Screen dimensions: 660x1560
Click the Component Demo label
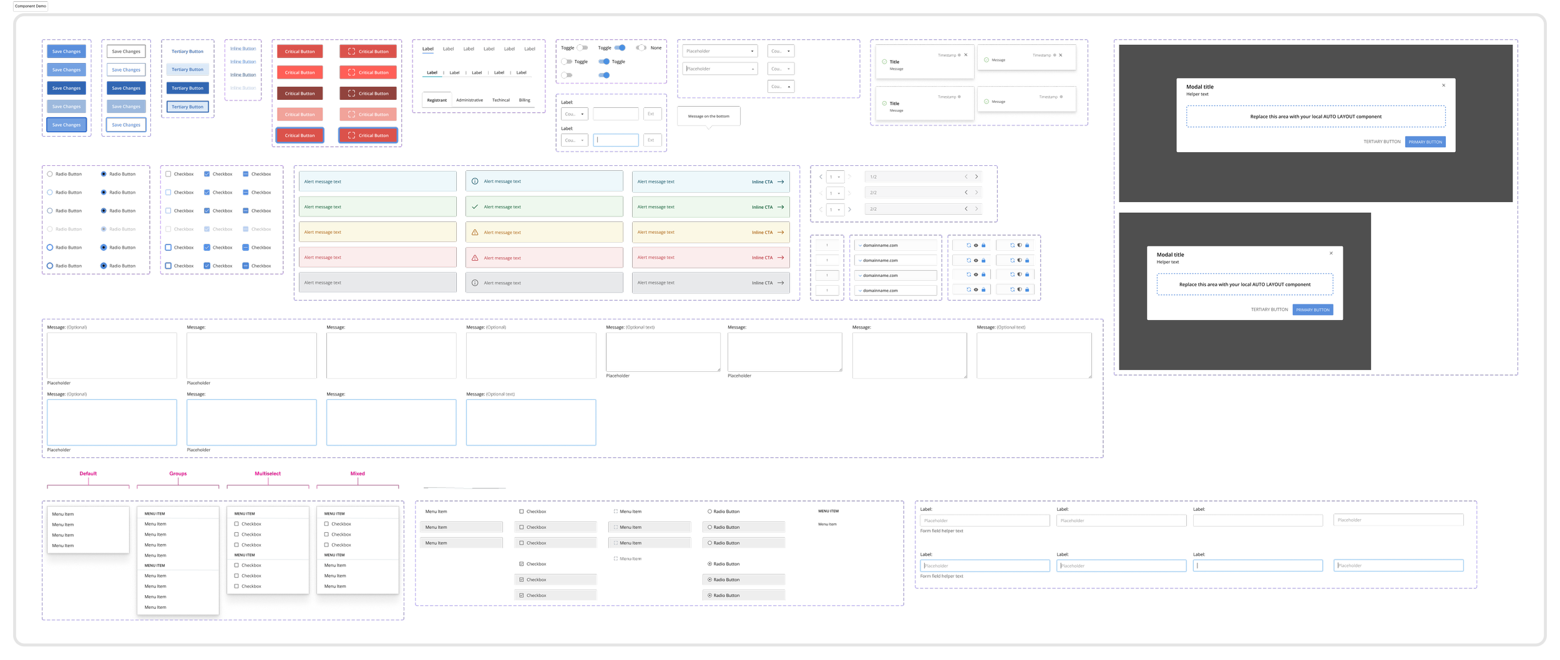pyautogui.click(x=31, y=6)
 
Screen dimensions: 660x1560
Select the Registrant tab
pyautogui.click(x=437, y=100)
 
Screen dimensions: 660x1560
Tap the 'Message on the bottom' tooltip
pyautogui.click(x=708, y=117)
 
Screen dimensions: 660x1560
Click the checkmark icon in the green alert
pyautogui.click(x=475, y=207)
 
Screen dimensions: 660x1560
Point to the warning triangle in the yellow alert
pyautogui.click(x=475, y=233)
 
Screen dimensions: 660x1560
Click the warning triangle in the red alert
pyautogui.click(x=475, y=258)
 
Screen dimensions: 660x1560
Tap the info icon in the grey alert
pyautogui.click(x=475, y=283)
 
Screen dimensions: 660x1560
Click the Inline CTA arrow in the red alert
pyautogui.click(x=781, y=258)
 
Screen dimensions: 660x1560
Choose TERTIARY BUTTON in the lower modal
pyautogui.click(x=1269, y=310)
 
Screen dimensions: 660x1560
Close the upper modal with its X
pyautogui.click(x=1443, y=85)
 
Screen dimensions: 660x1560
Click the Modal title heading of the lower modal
pyautogui.click(x=1170, y=255)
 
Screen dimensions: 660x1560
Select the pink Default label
pyautogui.click(x=89, y=474)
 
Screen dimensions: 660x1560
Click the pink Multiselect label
pyautogui.click(x=268, y=474)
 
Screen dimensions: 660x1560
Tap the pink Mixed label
pyautogui.click(x=358, y=474)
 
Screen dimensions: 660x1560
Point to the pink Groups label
pyautogui.click(x=178, y=474)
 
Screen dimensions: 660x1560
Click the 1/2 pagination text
pyautogui.click(x=874, y=177)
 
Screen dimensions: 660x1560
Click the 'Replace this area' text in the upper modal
pyautogui.click(x=1315, y=117)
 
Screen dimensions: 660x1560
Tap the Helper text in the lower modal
pyautogui.click(x=1168, y=263)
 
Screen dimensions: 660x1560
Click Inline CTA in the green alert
pyautogui.click(x=762, y=207)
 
